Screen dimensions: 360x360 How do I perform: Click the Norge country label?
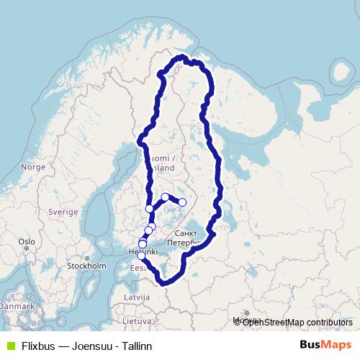click(33, 166)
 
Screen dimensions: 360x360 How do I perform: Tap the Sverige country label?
click(63, 212)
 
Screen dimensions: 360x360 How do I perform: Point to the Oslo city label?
click(27, 241)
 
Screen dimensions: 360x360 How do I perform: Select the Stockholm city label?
click(86, 266)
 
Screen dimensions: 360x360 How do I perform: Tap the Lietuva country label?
click(136, 320)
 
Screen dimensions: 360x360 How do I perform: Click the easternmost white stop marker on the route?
click(182, 202)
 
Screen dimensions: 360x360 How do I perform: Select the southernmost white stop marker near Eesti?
click(141, 256)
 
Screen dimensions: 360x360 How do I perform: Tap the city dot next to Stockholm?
click(87, 258)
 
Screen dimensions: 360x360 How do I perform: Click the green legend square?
click(9, 346)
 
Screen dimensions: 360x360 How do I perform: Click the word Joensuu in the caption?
click(92, 346)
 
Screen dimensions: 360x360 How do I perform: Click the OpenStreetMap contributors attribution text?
click(297, 322)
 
